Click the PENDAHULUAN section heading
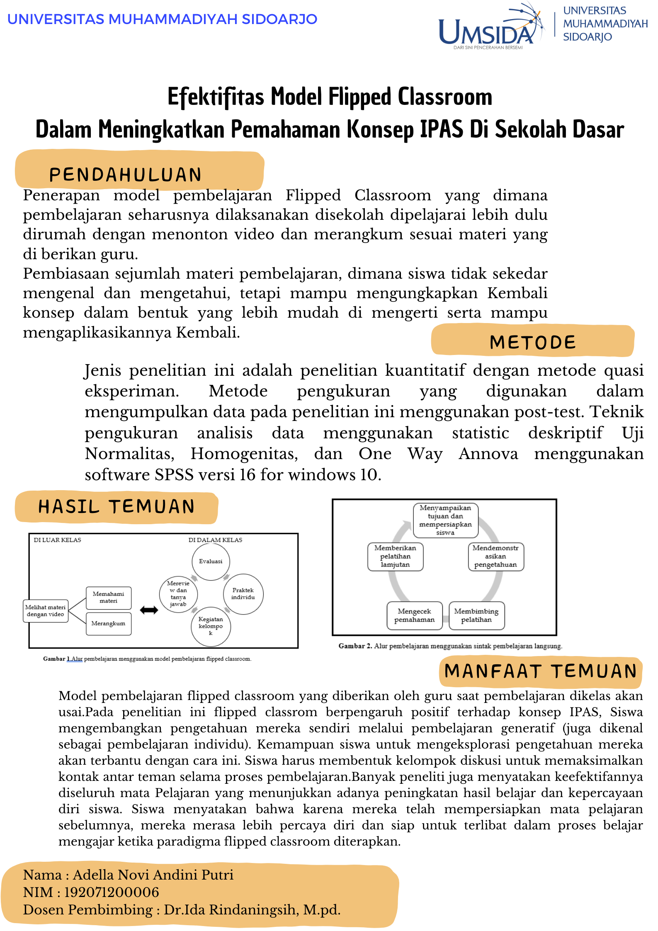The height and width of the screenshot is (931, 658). point(125,175)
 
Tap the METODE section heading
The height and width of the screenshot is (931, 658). point(533,342)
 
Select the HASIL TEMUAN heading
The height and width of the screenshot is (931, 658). point(117,507)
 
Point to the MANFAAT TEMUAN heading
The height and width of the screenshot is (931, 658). point(540,671)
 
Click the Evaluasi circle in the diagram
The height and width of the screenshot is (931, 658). point(211,562)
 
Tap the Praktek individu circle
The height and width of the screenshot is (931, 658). point(243,594)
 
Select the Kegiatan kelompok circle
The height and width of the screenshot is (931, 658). point(211,626)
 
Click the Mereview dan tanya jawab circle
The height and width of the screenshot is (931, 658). point(178,594)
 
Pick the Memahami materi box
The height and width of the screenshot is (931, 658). point(108,598)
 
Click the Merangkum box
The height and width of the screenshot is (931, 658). point(108,624)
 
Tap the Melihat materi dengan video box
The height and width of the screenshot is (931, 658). point(45,611)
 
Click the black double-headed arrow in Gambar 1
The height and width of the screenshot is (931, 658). point(149,610)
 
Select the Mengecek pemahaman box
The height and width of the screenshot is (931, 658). point(414,616)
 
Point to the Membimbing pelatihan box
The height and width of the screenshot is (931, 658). point(476,616)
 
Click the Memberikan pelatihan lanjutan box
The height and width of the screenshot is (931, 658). point(395,557)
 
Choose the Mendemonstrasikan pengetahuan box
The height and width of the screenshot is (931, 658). point(495,557)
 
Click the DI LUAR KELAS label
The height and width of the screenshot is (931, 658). point(57,540)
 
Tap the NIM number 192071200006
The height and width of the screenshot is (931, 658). point(112,892)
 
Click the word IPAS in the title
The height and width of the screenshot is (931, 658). point(442,129)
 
